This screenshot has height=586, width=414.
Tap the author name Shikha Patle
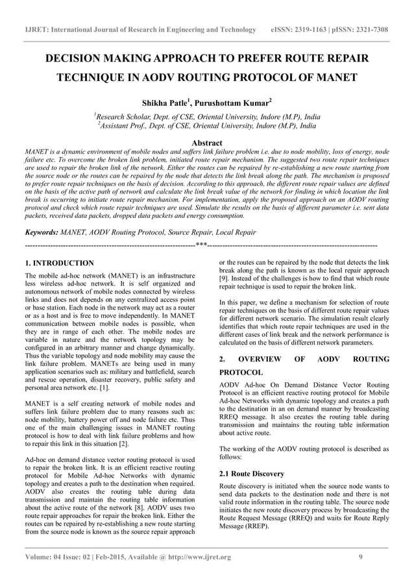point(167,103)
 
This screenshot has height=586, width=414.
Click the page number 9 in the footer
point(360,557)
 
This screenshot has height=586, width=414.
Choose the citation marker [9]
point(225,278)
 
